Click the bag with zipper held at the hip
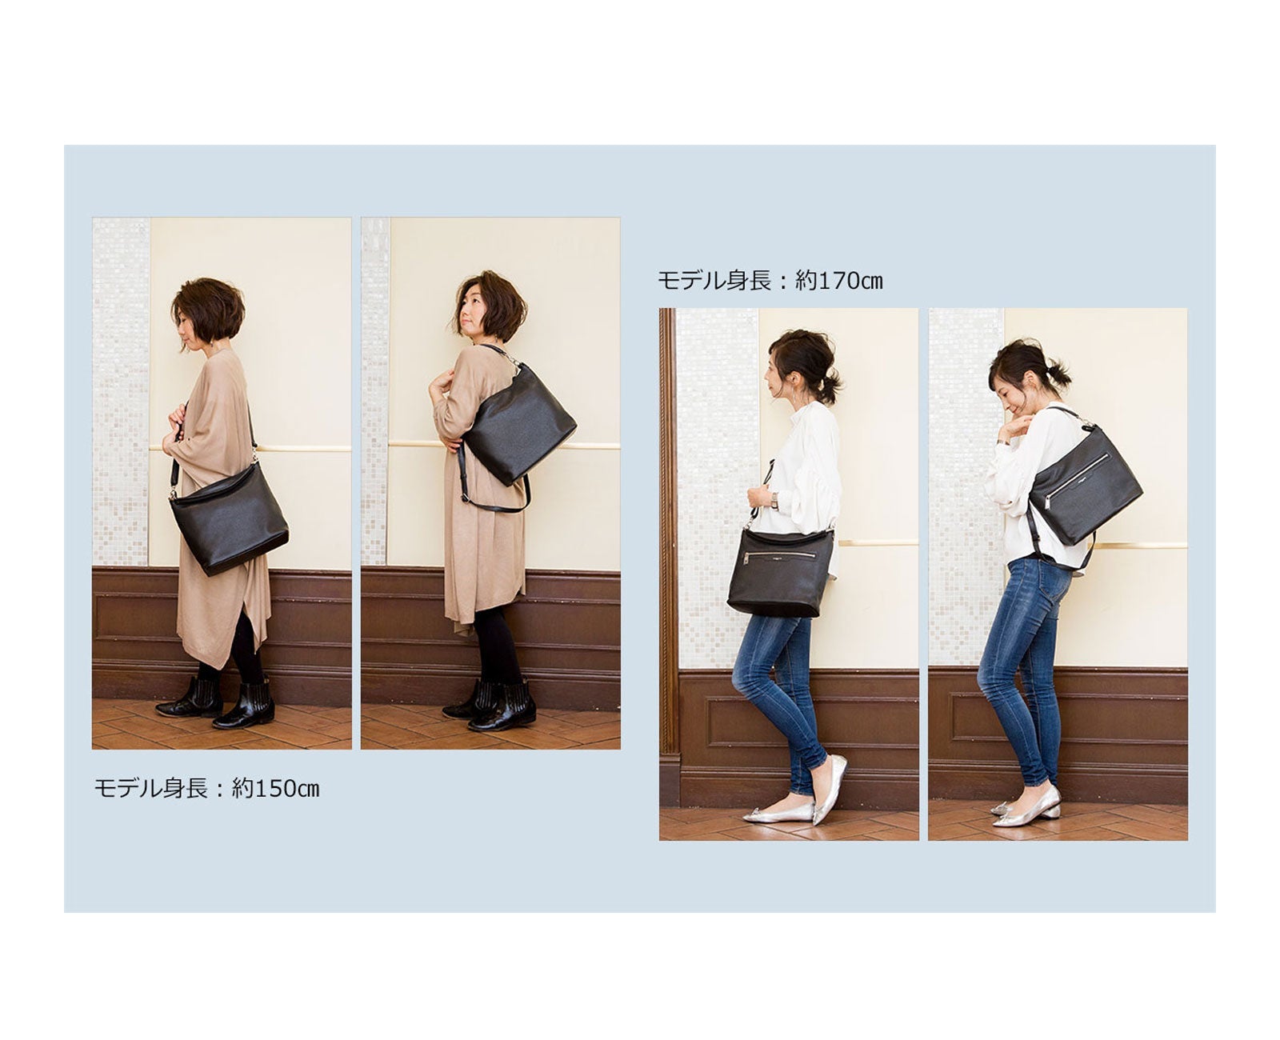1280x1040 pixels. (781, 573)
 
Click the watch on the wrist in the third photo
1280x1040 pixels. (774, 499)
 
